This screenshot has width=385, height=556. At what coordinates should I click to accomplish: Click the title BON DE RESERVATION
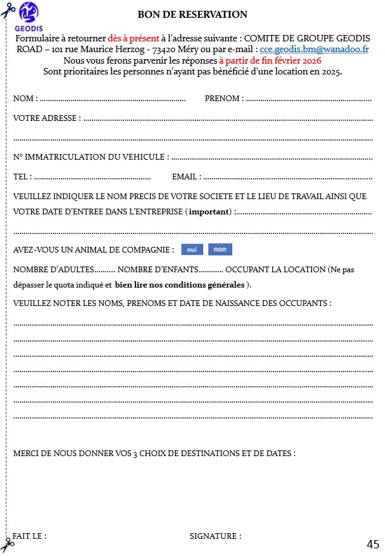point(192,15)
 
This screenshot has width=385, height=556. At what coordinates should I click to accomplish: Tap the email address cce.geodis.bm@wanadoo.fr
point(314,49)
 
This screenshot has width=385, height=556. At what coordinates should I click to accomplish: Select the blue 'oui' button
point(192,249)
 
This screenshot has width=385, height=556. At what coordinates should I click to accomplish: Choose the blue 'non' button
point(220,249)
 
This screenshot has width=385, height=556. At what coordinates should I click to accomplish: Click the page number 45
point(373,544)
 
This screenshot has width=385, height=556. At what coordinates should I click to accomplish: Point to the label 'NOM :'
point(25,99)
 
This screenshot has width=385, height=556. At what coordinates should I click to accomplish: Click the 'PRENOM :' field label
point(223,99)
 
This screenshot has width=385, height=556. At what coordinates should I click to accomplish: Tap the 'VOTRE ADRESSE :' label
point(47,118)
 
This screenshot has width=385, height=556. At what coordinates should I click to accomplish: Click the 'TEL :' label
point(22,177)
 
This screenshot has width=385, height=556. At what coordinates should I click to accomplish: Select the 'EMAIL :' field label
point(186,177)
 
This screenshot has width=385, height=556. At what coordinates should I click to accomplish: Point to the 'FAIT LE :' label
point(29,536)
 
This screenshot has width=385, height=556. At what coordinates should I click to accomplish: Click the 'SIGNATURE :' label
point(215,536)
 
